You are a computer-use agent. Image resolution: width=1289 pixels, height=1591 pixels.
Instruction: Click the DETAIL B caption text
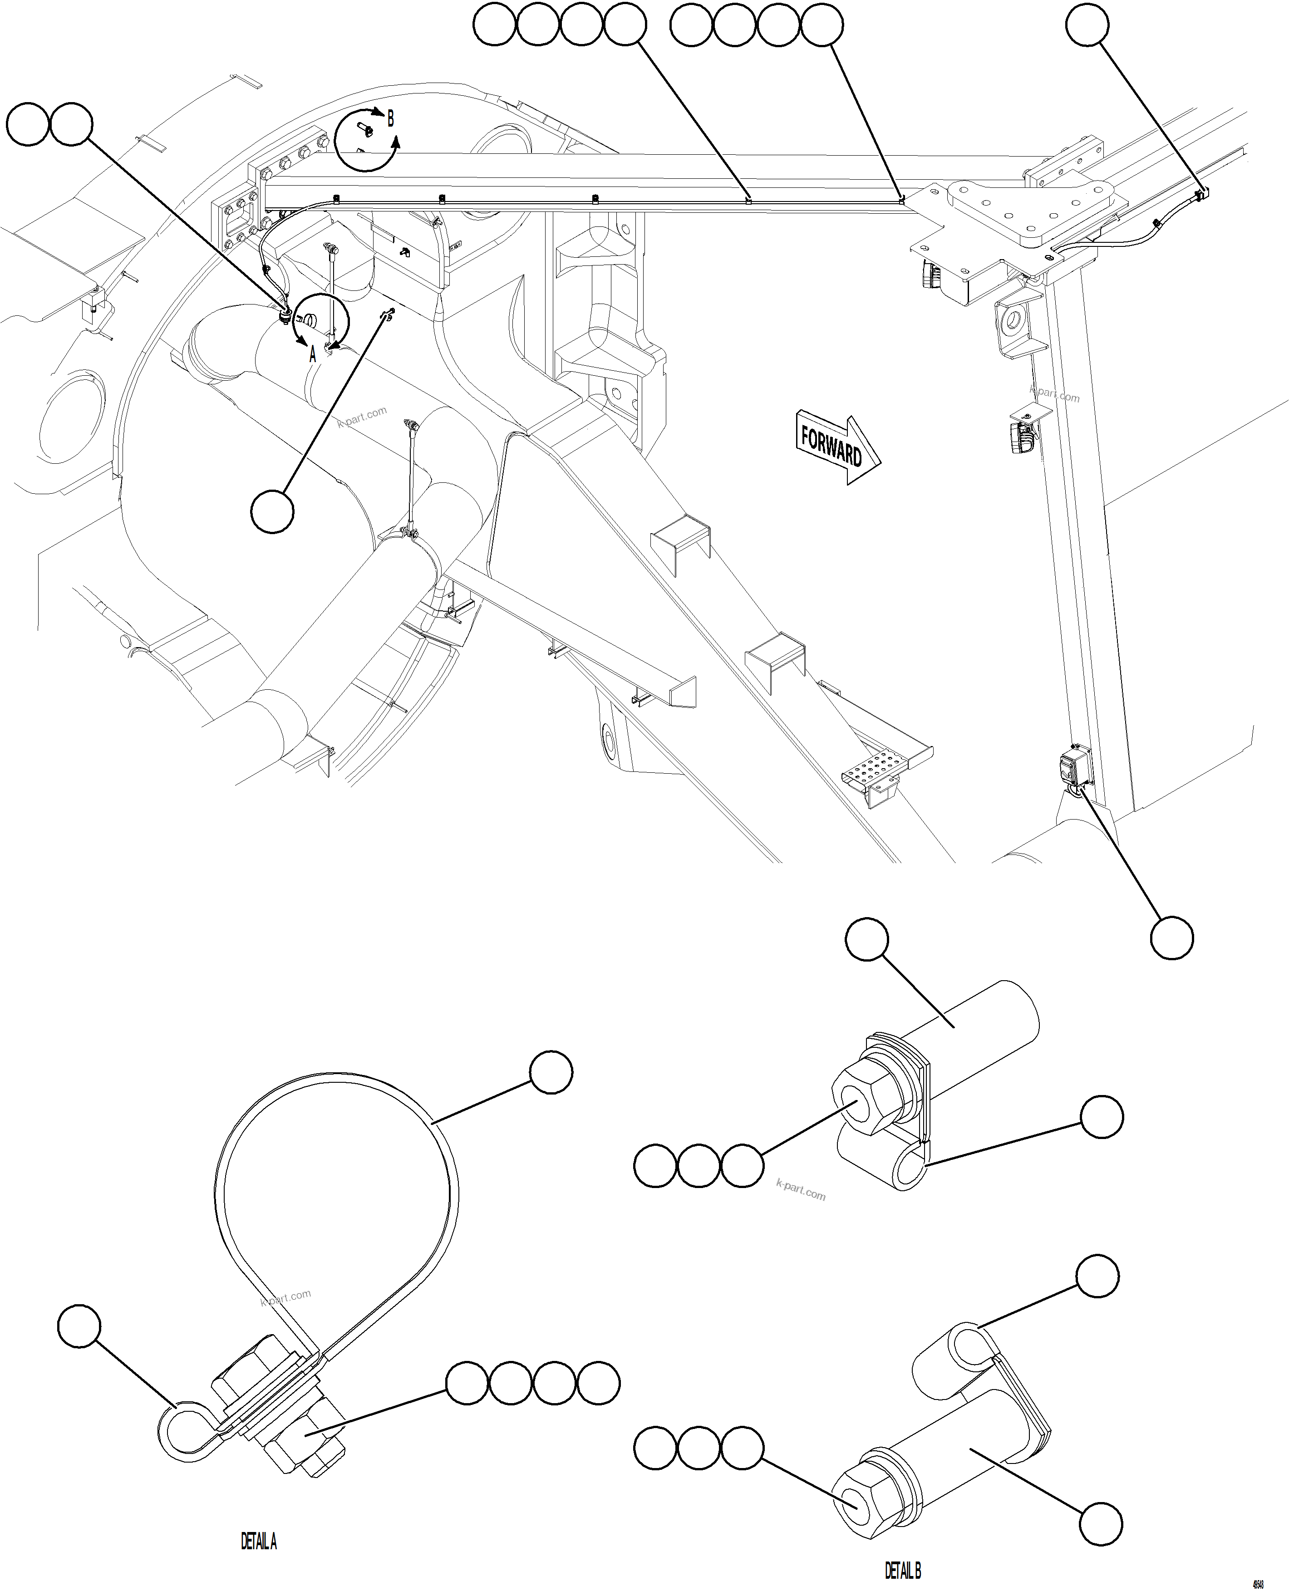pyautogui.click(x=903, y=1570)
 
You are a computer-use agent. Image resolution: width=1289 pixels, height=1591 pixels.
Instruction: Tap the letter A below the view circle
pyautogui.click(x=313, y=355)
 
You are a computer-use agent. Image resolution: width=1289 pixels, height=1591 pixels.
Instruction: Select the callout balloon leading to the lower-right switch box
pyautogui.click(x=1172, y=938)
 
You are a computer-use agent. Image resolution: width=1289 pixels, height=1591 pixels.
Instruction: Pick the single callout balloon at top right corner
pyautogui.click(x=1087, y=25)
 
